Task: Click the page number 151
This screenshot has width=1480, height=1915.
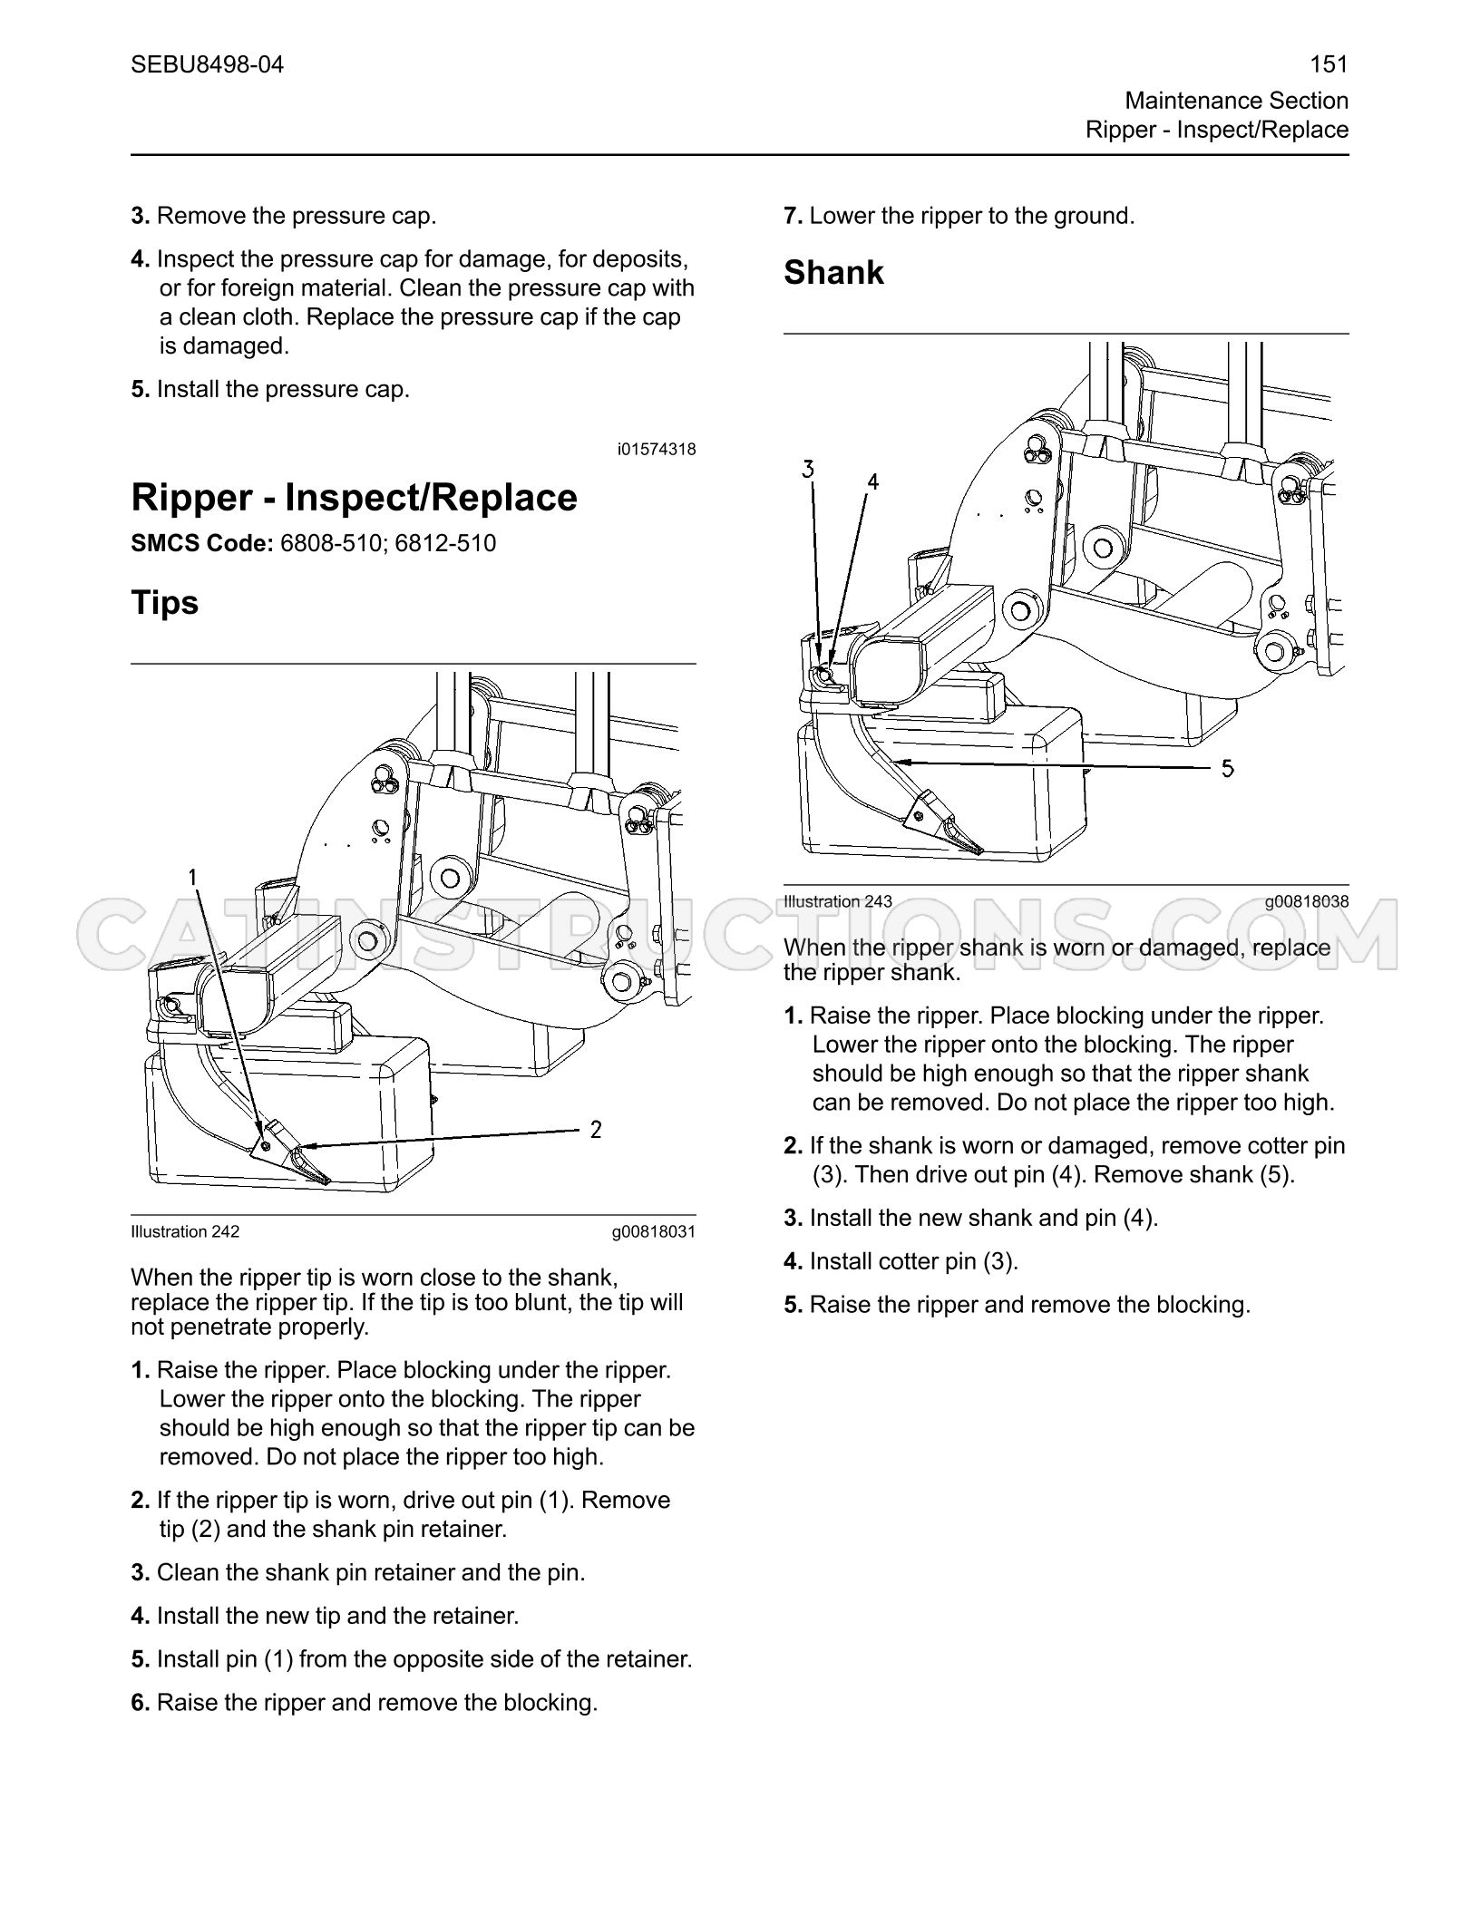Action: coord(1329,64)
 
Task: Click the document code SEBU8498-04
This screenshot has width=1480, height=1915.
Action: coord(208,64)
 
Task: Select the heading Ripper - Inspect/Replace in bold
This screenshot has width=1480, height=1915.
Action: coord(354,498)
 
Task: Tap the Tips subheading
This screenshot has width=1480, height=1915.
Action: coord(164,602)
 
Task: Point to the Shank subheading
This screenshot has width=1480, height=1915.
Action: coord(833,272)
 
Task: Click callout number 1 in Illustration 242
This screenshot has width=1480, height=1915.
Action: coord(192,877)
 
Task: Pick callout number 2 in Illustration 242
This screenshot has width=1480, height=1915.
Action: coord(596,1130)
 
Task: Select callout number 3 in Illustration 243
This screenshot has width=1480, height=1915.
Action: coord(808,469)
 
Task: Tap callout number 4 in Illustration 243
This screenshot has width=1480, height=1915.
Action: coord(872,481)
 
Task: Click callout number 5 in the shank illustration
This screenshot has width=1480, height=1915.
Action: coord(1227,769)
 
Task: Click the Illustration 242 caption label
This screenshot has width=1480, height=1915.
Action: coord(185,1231)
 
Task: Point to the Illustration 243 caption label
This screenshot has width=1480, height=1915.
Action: coord(838,901)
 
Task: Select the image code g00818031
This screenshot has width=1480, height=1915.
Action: coord(653,1231)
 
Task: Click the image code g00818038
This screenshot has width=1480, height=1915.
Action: coord(1307,901)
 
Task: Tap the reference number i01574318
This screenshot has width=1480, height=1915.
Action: coord(657,449)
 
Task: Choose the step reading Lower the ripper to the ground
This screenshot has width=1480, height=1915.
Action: coord(959,216)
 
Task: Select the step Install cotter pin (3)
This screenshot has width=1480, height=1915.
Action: coord(901,1261)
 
